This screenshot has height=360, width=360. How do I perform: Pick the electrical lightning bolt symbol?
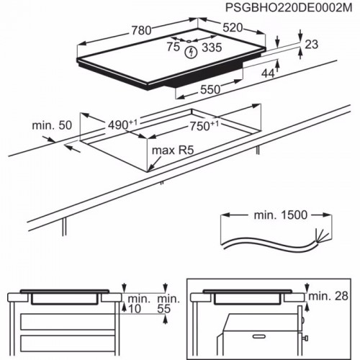190,51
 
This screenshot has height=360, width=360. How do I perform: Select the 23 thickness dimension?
311,45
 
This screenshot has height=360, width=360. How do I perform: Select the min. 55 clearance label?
167,303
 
